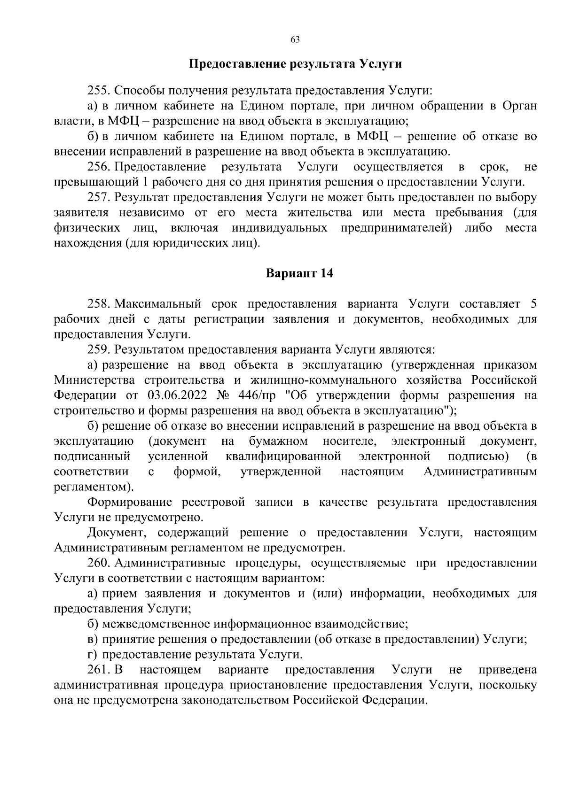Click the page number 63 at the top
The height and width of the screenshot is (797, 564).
[295, 39]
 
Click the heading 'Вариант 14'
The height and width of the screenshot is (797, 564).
[299, 273]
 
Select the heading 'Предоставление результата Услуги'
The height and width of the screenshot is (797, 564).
[295, 64]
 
